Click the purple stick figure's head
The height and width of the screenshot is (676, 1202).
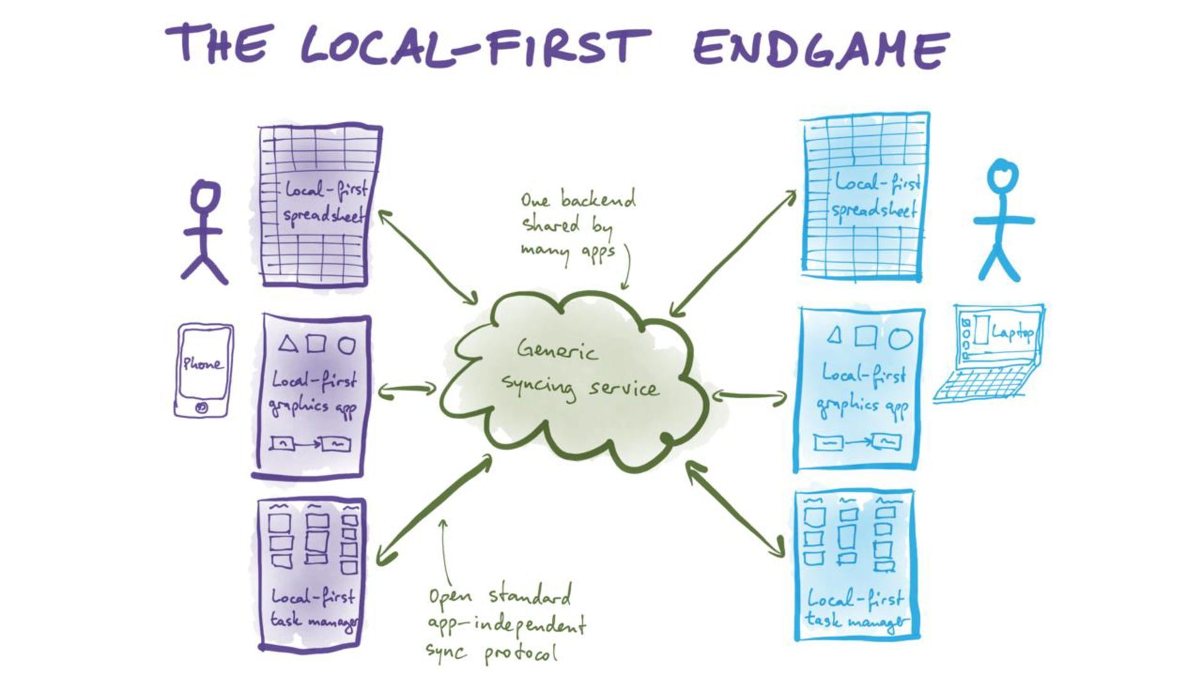pos(205,195)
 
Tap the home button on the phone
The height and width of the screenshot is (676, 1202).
pos(202,407)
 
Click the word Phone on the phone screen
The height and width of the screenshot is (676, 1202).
pos(202,364)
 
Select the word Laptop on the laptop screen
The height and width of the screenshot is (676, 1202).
pos(1012,332)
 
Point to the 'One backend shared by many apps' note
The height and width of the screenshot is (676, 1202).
pos(576,225)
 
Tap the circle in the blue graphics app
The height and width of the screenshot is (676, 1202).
pos(900,339)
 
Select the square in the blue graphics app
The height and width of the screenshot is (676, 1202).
pos(865,337)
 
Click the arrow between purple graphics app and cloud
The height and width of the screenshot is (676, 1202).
pos(408,389)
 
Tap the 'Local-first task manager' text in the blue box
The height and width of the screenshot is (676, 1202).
pos(855,608)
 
